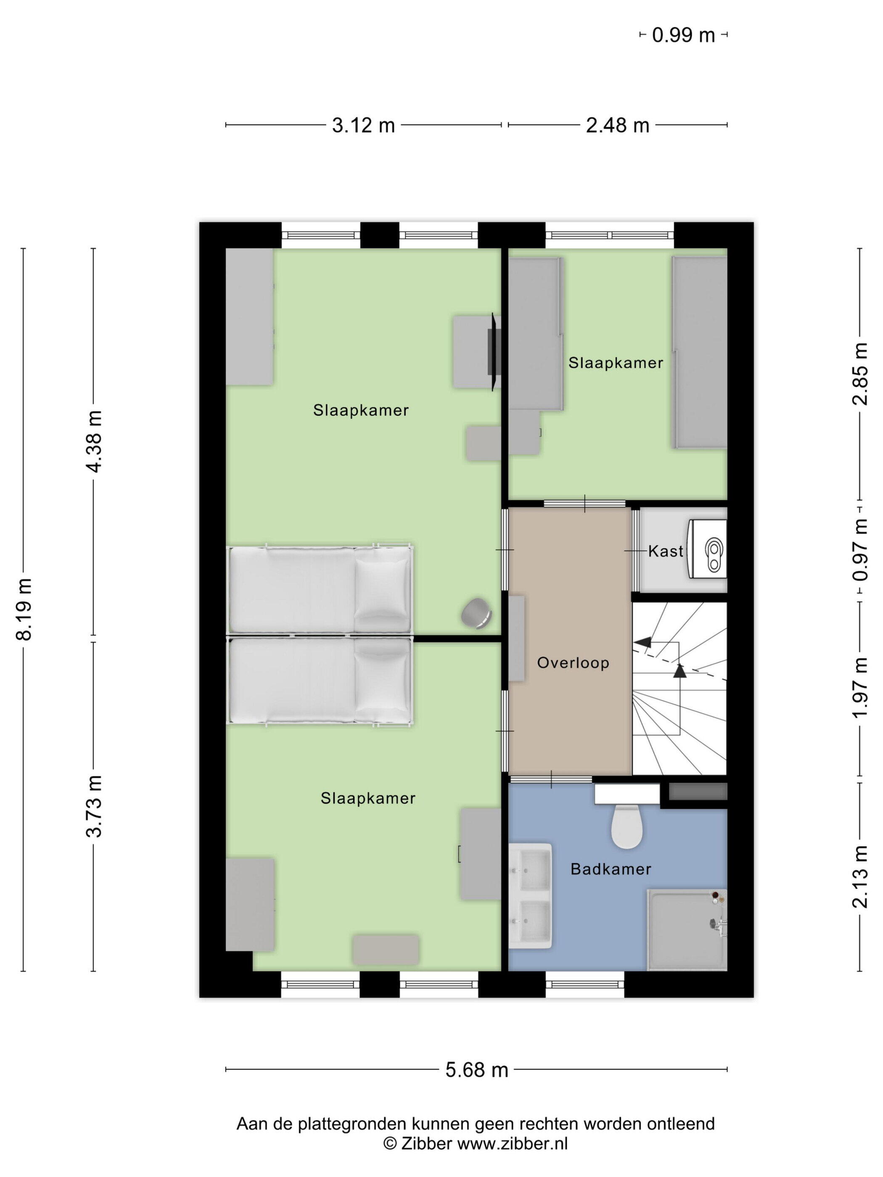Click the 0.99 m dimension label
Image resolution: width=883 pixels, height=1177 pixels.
point(683,35)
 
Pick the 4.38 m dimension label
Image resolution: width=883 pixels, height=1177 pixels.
point(94,442)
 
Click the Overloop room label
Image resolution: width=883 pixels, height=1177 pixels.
point(573,662)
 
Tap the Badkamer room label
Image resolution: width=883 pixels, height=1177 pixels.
point(611,869)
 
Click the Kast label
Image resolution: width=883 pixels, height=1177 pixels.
point(665,551)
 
